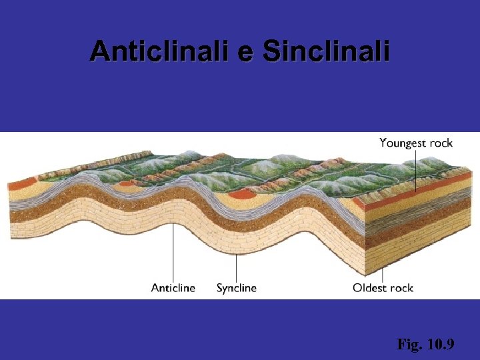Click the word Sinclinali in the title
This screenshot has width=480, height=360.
click(x=325, y=51)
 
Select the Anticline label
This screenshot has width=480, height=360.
click(x=173, y=288)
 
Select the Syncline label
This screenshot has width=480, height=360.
click(x=236, y=288)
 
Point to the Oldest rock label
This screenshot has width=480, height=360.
click(x=383, y=288)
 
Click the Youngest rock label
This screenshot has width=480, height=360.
click(x=416, y=143)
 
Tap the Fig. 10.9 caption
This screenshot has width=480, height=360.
click(x=425, y=345)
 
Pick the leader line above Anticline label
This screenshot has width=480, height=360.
click(x=174, y=253)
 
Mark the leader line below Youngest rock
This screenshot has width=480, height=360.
click(x=416, y=170)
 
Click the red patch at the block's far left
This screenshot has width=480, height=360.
click(x=21, y=183)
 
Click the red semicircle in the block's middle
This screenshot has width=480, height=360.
click(x=242, y=195)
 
